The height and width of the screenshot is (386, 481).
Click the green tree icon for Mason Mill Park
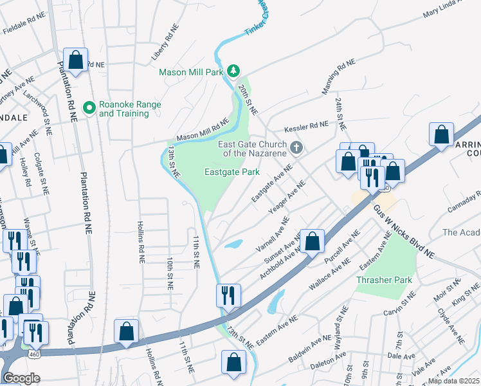coord(235,70)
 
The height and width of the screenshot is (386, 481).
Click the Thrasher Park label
coord(384,280)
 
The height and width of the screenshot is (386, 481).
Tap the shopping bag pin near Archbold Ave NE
coord(312,242)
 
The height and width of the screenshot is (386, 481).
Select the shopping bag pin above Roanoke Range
coord(76,60)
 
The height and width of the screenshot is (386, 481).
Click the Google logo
coord(21,379)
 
